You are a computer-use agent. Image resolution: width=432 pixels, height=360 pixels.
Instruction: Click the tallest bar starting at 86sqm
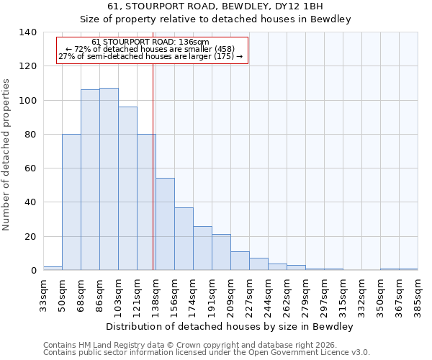pos(109,179)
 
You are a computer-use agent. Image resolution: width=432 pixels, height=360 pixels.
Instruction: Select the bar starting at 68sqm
pos(90,180)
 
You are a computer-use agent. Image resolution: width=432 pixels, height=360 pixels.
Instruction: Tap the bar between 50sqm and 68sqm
pos(71,202)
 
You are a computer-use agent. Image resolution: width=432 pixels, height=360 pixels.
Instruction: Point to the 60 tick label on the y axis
pos(30,168)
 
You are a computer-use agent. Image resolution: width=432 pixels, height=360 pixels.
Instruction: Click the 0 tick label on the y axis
pos(33,271)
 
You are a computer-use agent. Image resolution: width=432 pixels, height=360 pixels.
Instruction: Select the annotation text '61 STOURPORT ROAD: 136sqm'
pos(151,42)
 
